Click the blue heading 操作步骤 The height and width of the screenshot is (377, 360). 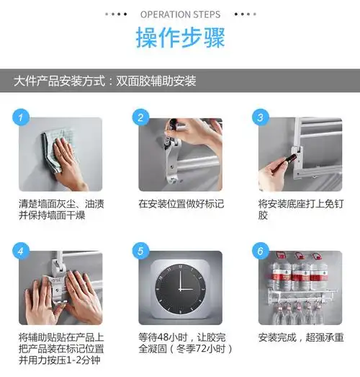(x=179, y=38)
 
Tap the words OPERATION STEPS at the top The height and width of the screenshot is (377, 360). (x=180, y=14)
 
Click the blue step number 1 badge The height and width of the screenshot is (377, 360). (x=22, y=117)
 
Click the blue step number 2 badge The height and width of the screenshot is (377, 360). (x=141, y=117)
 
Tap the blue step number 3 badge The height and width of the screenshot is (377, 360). (x=261, y=117)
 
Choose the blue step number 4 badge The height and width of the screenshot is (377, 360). (x=22, y=252)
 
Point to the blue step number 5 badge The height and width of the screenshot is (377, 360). (x=141, y=252)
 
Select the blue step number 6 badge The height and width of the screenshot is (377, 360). (x=261, y=252)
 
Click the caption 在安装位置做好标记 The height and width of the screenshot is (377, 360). (x=180, y=204)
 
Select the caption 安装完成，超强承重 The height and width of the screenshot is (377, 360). (x=301, y=337)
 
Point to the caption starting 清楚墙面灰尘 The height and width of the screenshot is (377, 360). (x=60, y=210)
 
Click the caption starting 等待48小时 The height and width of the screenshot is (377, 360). (x=180, y=343)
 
